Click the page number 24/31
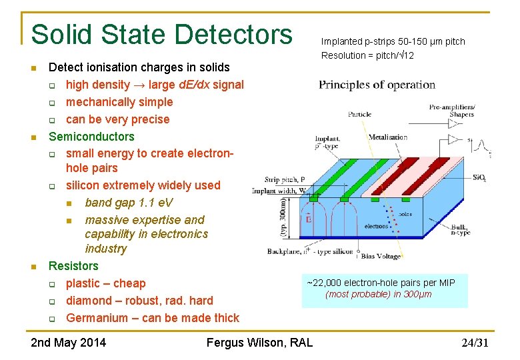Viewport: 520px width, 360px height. point(475,343)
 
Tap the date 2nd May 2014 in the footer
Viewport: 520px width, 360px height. point(68,343)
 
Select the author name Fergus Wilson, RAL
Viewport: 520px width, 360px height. point(259,343)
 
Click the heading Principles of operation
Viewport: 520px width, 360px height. point(377,85)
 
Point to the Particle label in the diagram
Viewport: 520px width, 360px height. point(359,114)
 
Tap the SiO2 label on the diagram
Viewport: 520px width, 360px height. point(479,177)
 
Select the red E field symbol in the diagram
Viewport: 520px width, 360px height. point(308,219)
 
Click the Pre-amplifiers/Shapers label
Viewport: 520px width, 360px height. point(451,110)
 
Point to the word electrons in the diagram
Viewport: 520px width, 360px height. point(376,226)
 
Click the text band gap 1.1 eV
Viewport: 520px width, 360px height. point(129,203)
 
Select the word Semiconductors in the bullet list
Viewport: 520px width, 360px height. point(91,137)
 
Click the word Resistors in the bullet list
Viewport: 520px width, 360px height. point(73,266)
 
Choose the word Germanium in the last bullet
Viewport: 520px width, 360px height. point(97,318)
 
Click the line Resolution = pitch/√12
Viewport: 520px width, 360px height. point(367,55)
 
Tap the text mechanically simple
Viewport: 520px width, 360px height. point(119,102)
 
